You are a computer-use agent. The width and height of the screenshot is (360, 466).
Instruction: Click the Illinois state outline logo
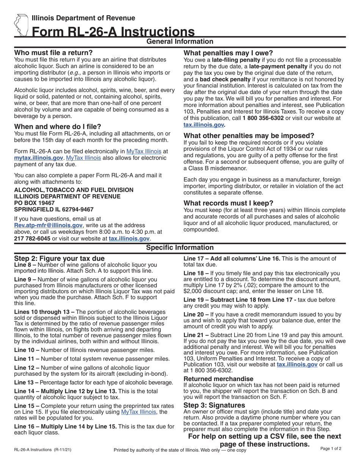tap(21, 25)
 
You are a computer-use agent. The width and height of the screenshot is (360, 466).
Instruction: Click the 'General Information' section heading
tap(180, 42)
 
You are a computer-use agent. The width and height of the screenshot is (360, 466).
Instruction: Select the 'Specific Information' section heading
tap(180, 248)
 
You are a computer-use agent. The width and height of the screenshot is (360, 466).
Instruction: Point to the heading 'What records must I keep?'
tap(228, 203)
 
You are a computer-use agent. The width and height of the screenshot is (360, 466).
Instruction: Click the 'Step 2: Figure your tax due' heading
tap(59, 258)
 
